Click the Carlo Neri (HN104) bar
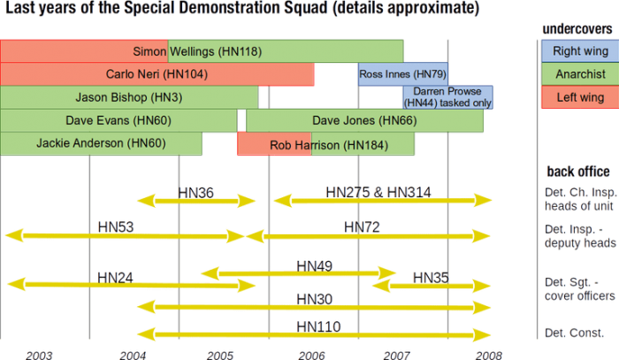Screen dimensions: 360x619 [x=157, y=74]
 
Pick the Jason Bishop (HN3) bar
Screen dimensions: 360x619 [x=129, y=96]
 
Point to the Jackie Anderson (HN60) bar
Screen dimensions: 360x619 [x=101, y=142]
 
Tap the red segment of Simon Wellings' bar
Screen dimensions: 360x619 [x=84, y=51]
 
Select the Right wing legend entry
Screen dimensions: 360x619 [x=578, y=51]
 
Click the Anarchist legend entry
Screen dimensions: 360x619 [x=578, y=74]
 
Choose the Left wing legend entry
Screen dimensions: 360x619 [x=578, y=97]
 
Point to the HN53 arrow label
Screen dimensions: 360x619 [x=116, y=228]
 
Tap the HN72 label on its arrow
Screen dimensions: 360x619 [x=362, y=228]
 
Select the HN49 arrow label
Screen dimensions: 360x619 [x=315, y=264]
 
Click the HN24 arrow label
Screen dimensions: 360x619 [x=116, y=277]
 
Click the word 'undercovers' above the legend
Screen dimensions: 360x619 [x=577, y=30]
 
